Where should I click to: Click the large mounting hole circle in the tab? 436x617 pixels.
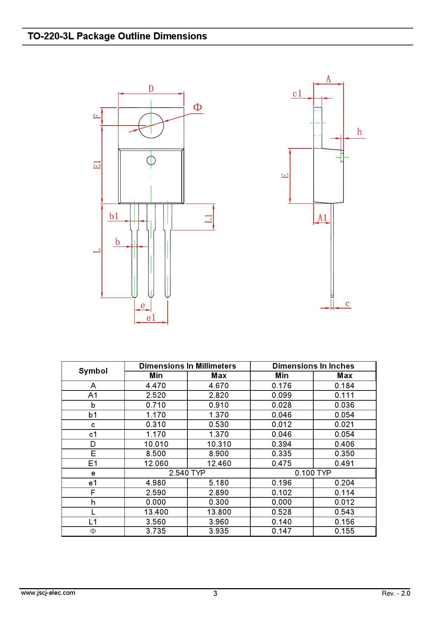[x=151, y=126]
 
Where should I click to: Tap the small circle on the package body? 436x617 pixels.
[x=151, y=160]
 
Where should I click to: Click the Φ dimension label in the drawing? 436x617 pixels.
[x=198, y=107]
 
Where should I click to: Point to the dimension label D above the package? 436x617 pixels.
[x=151, y=89]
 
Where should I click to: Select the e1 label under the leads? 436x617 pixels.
[x=151, y=318]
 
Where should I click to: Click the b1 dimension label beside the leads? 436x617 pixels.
[x=114, y=216]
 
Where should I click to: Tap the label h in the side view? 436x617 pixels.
[x=359, y=132]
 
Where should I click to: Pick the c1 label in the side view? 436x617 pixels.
[x=297, y=94]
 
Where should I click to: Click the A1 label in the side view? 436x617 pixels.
[x=322, y=218]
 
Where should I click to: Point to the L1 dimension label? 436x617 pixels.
[x=209, y=218]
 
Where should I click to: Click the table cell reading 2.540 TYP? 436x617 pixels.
[x=187, y=473]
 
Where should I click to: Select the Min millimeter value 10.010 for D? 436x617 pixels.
[x=156, y=444]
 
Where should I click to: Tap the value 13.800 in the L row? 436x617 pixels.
[x=219, y=512]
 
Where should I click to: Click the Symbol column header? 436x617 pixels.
[x=93, y=371]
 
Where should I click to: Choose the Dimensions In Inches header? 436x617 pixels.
[x=313, y=366]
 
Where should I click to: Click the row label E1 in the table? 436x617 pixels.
[x=93, y=464]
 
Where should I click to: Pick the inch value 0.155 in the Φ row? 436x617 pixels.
[x=344, y=531]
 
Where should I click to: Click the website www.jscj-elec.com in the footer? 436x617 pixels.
[x=48, y=593]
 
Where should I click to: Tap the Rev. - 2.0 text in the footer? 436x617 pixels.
[x=396, y=593]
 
